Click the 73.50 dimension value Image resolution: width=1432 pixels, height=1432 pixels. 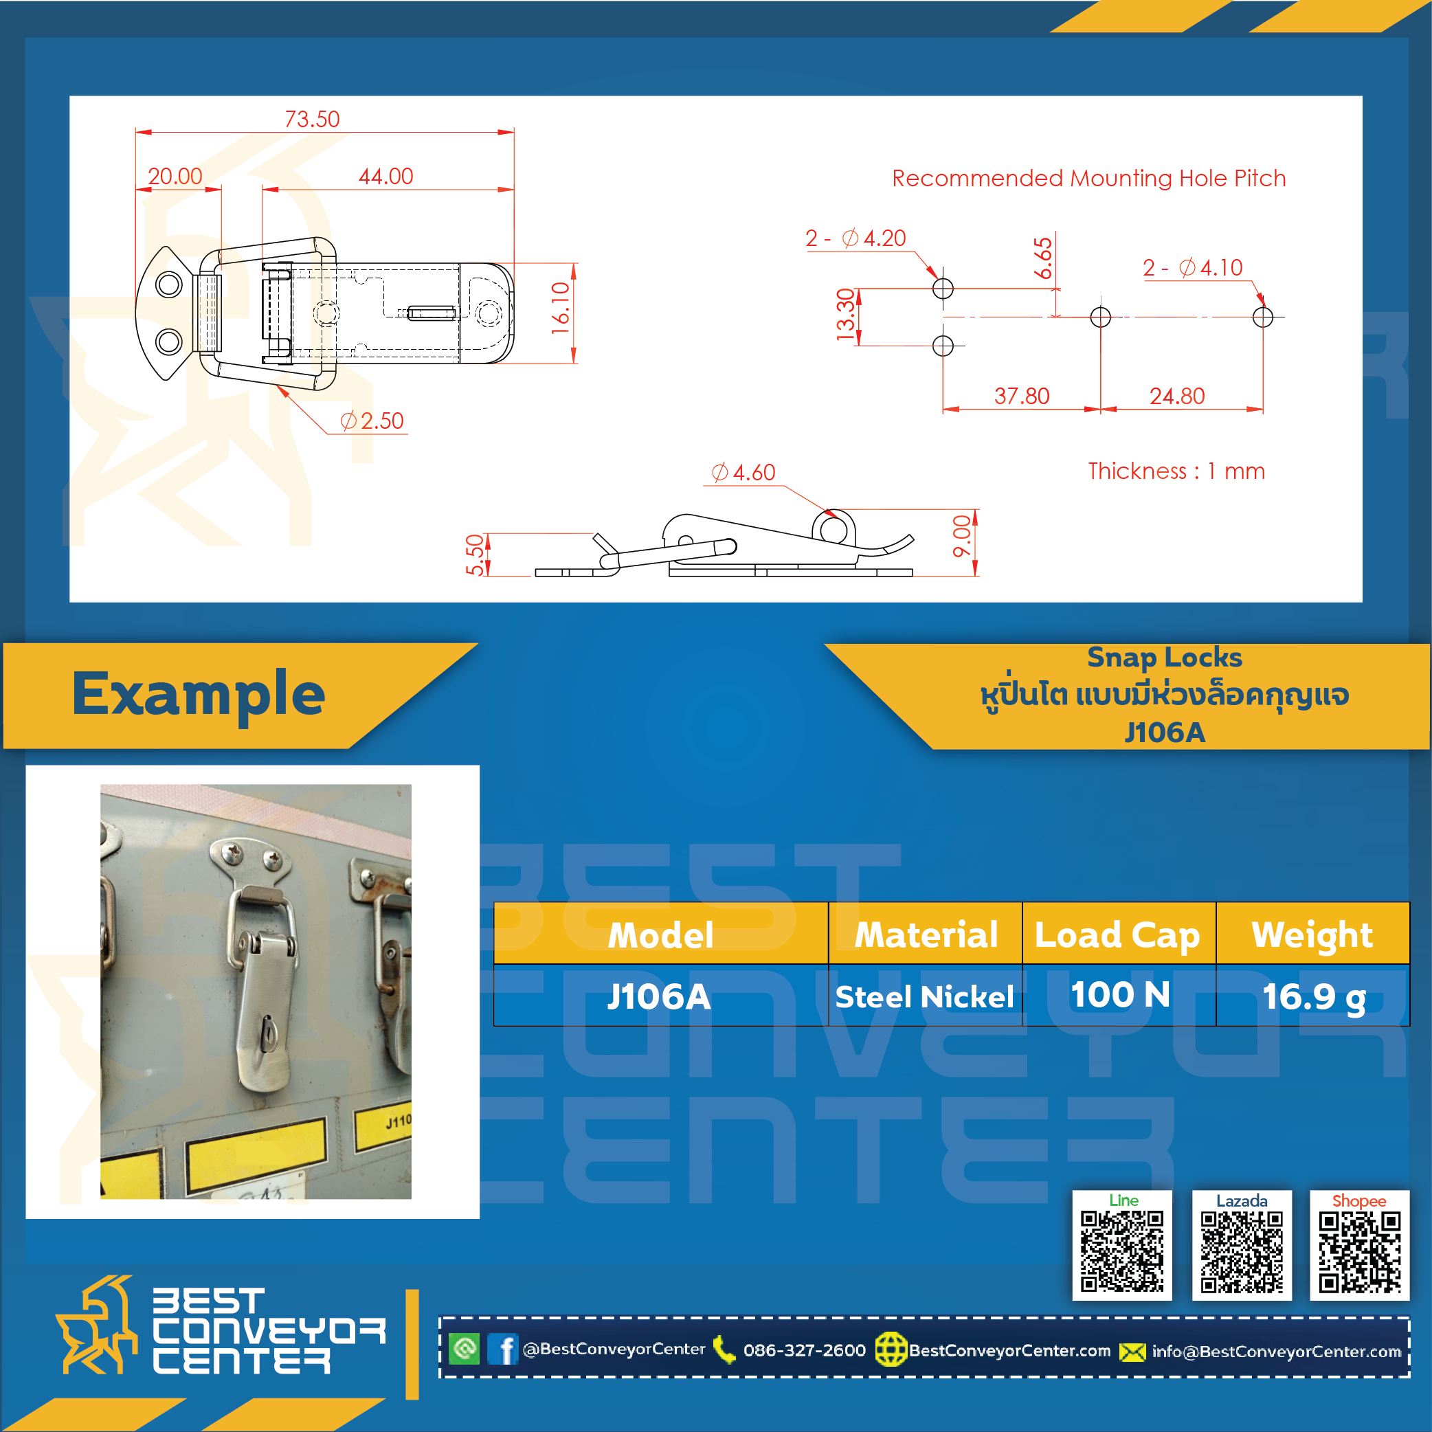coord(312,119)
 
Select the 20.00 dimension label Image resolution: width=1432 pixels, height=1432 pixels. coord(175,177)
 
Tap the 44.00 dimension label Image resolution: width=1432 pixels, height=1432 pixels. coord(386,177)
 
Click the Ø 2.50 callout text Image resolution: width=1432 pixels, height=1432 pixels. coord(372,421)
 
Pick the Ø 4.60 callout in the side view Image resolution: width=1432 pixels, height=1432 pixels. coord(743,472)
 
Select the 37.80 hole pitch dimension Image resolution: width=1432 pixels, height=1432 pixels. coord(1022,396)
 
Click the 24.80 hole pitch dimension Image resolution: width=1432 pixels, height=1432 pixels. coord(1177,396)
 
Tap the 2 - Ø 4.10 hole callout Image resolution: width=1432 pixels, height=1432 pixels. coord(1193,267)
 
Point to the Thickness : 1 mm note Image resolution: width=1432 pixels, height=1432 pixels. coord(1176,471)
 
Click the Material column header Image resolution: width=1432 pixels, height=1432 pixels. coord(926,935)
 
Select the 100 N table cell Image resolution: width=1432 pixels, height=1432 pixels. coord(1121,995)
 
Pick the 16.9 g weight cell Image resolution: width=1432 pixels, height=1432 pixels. coord(1314,997)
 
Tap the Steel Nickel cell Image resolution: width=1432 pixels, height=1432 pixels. coord(925,997)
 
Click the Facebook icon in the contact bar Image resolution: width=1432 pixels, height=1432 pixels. coord(503,1349)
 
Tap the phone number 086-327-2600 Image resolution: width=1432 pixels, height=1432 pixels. coord(804,1350)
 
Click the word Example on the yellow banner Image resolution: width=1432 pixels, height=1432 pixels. coord(199,694)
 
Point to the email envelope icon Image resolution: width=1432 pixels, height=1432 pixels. coord(1132,1352)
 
